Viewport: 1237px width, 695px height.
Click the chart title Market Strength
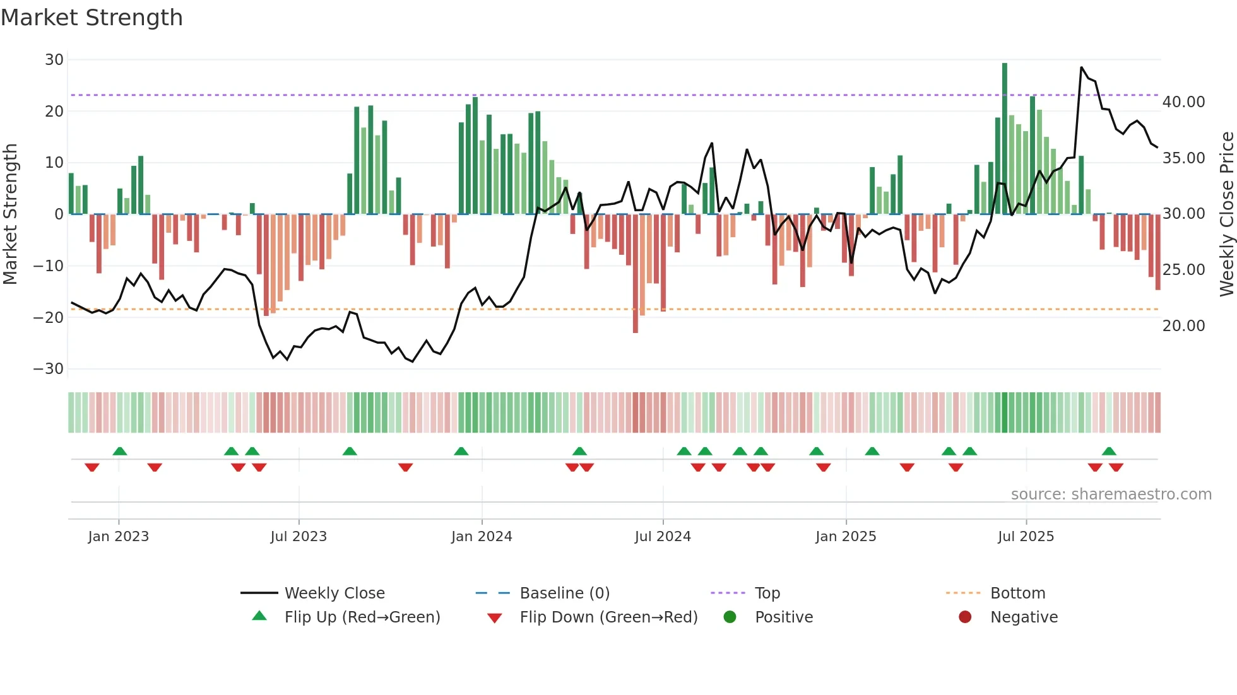92,18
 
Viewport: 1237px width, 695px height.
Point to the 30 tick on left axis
54,60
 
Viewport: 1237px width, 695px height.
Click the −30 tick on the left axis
49,369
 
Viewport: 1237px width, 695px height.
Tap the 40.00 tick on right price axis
1183,102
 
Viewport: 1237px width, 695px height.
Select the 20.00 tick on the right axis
1183,326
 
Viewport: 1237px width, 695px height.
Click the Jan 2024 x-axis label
482,537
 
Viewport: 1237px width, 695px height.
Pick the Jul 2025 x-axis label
1026,537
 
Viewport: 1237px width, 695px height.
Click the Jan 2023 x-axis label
119,537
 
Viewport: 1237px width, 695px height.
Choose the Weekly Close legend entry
334,593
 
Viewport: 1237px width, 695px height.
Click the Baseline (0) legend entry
564,593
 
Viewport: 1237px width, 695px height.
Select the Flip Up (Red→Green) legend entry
362,617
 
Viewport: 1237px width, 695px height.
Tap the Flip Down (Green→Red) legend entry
608,617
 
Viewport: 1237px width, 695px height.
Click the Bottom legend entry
1017,593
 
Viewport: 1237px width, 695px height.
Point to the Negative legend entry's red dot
965,617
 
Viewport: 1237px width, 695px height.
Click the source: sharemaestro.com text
1111,494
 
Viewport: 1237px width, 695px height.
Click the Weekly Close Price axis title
1226,214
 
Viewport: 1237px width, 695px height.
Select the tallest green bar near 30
1005,139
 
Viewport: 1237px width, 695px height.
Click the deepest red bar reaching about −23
636,274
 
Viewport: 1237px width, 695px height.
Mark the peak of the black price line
1081,67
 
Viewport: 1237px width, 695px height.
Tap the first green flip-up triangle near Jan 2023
120,451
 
